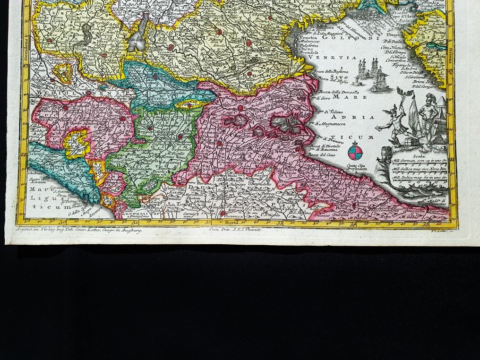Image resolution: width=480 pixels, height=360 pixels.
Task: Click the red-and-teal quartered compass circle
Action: pos(355,152)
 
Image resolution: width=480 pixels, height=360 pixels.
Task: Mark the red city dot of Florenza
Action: pos(222,214)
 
